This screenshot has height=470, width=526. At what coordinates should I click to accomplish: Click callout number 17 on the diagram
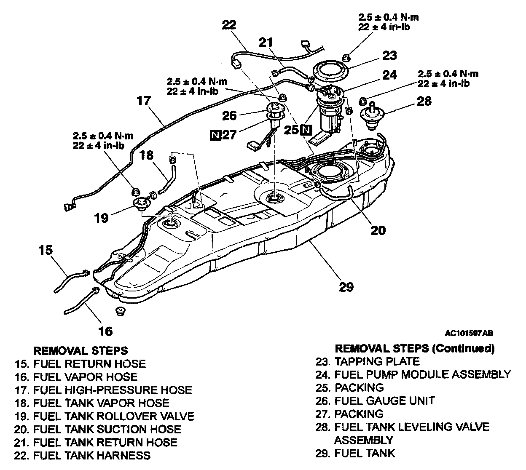click(x=143, y=101)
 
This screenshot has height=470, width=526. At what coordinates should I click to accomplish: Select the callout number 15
click(x=46, y=250)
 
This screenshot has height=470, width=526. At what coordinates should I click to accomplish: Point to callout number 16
click(x=105, y=331)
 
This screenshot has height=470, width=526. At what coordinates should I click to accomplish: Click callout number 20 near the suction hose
click(x=378, y=230)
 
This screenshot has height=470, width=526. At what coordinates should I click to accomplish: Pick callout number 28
click(x=424, y=101)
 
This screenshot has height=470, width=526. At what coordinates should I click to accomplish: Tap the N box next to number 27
click(x=216, y=135)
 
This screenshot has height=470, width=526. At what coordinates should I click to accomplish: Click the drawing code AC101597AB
click(x=469, y=333)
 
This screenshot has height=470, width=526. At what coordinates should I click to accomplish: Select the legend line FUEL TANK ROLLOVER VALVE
click(x=114, y=416)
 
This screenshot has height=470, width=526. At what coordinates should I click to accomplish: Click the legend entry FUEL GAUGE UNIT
click(x=384, y=401)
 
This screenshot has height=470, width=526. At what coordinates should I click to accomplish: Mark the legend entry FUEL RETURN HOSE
click(x=89, y=363)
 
